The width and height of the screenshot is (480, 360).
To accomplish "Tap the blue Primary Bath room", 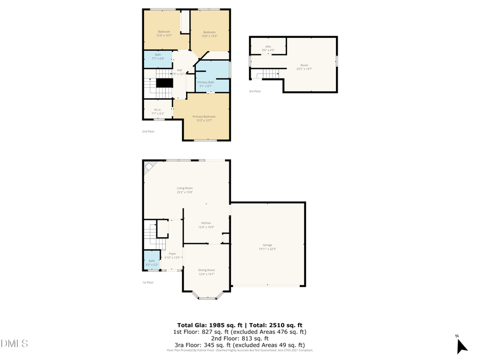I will pos(212,80).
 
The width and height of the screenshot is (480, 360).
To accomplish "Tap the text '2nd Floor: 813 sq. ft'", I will pos(239,338).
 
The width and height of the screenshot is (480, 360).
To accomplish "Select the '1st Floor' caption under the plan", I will pos(148,282).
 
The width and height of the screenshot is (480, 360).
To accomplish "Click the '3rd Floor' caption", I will pos(255,91).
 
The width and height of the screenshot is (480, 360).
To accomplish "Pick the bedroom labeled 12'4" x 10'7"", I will pos(164,33).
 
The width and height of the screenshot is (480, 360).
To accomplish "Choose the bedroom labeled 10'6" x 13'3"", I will pos(209,34).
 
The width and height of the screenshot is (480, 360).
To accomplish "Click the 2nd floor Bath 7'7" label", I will pos(158,57).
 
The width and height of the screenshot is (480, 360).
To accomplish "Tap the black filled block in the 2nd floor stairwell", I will pos(165,83).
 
